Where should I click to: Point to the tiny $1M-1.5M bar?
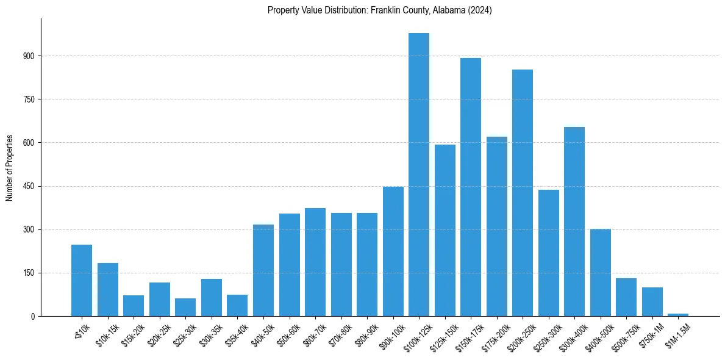click(x=678, y=315)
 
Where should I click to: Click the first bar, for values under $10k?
click(x=82, y=281)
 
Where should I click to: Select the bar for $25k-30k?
click(x=185, y=308)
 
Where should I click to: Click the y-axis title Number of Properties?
click(x=10, y=168)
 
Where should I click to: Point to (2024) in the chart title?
click(x=479, y=10)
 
